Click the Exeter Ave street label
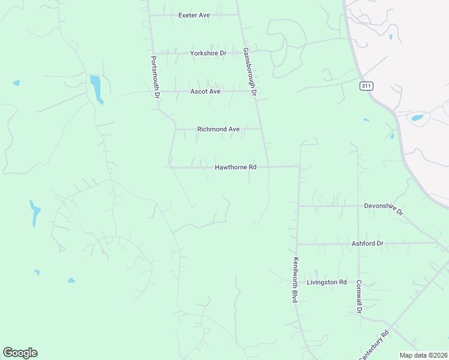point(193,15)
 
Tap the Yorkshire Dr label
point(208,53)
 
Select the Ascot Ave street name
point(205,91)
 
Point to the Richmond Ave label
point(218,129)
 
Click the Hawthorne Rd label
point(236,167)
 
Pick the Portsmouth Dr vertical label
point(155,77)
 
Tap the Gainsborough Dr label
point(250,72)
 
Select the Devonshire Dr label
point(384,207)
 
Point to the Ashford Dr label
point(367,244)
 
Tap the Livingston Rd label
point(327,282)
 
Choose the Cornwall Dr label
point(359,297)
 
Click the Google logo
point(20,353)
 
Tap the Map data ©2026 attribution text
point(423,355)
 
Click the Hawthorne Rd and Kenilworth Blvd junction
point(300,167)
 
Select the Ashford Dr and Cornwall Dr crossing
point(358,244)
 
